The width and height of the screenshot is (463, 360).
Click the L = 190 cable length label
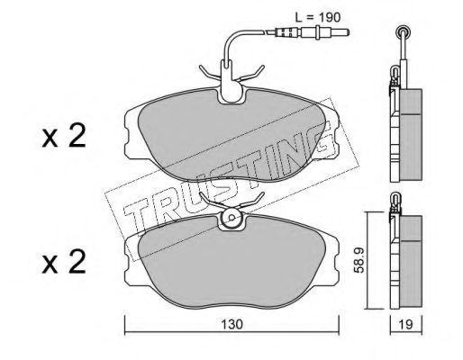[318, 17]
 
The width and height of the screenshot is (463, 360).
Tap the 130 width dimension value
[231, 324]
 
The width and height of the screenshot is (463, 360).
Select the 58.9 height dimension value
[359, 260]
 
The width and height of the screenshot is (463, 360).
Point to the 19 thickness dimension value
[406, 324]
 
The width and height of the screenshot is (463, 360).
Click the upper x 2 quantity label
[64, 136]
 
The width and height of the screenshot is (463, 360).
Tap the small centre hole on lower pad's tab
[231, 217]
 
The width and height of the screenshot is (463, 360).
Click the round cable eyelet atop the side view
[403, 30]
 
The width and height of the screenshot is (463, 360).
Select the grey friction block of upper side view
[412, 135]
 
